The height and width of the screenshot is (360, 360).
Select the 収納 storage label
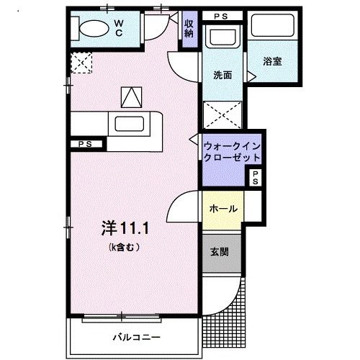(x=189, y=28)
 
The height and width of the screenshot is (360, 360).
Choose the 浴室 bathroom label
(x=272, y=62)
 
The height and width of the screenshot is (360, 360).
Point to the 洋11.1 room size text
(x=126, y=229)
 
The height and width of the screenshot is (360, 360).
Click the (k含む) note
(x=125, y=247)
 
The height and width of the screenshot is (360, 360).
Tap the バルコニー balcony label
(x=136, y=336)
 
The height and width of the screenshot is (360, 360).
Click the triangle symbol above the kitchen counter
(x=132, y=96)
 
